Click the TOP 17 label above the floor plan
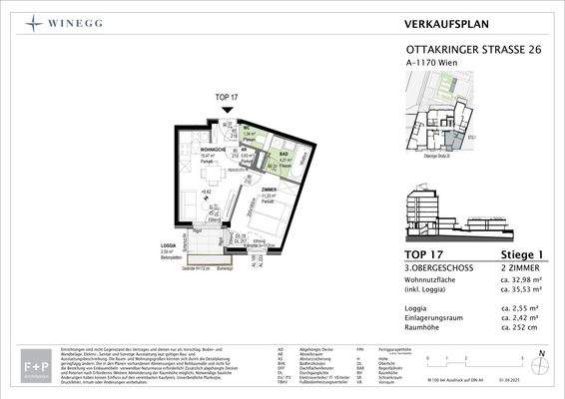point(227,97)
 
